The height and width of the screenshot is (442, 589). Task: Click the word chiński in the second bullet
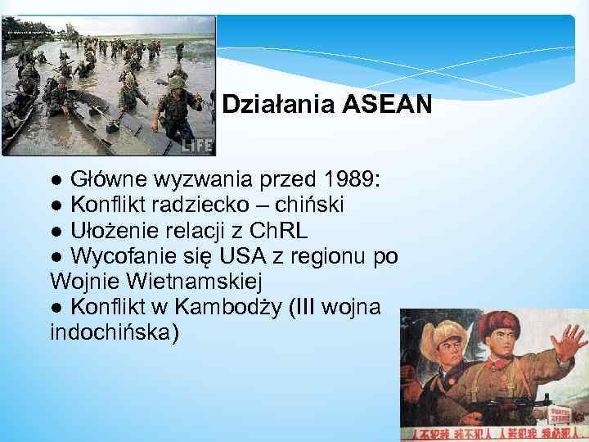pos(312,204)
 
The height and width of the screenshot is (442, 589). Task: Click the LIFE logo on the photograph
pos(198,145)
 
